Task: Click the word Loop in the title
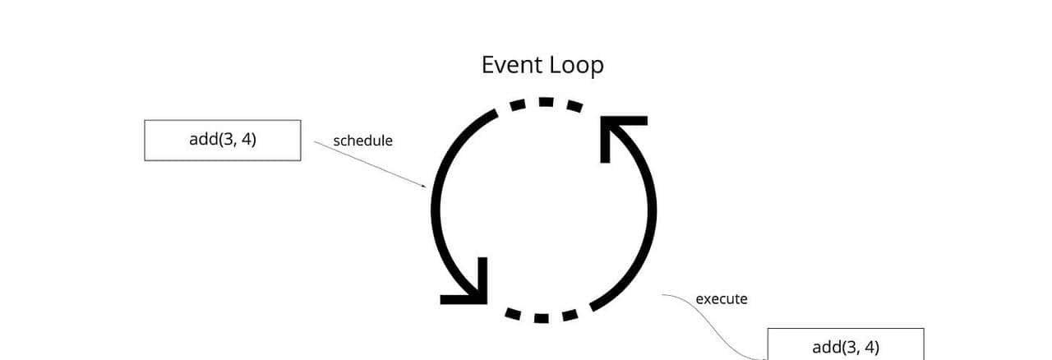click(x=577, y=66)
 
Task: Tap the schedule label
click(x=362, y=141)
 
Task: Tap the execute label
click(x=721, y=298)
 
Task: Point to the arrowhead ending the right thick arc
click(x=617, y=132)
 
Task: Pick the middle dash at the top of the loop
click(x=546, y=102)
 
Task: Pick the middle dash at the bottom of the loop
click(x=541, y=317)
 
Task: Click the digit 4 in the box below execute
click(x=869, y=347)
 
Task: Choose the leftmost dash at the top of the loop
click(x=517, y=105)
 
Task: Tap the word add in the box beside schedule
click(x=203, y=139)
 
